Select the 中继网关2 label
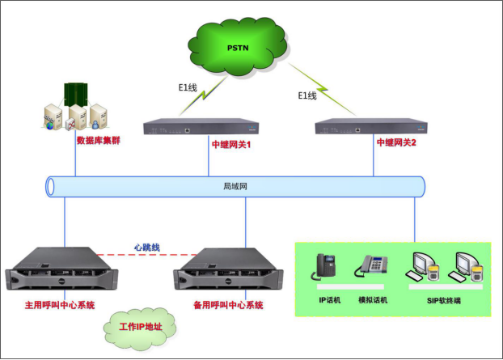(x=395, y=142)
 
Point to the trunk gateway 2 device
(x=371, y=126)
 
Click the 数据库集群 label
(x=98, y=139)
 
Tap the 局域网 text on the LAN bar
(x=235, y=186)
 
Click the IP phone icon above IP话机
(x=325, y=267)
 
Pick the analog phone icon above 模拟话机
(x=374, y=268)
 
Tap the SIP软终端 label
(x=443, y=301)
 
